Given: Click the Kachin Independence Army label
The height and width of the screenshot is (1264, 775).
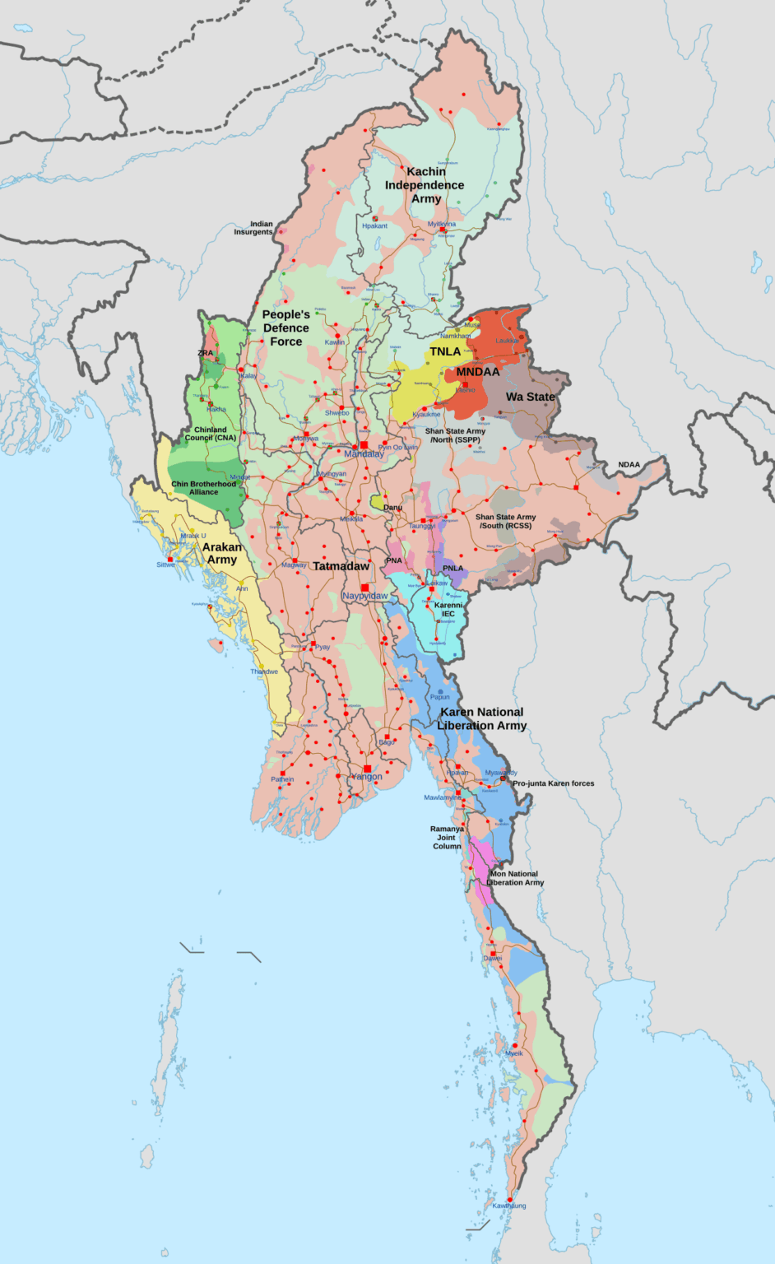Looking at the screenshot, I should coord(425,185).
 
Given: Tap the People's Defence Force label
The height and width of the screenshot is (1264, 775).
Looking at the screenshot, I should coord(286,328).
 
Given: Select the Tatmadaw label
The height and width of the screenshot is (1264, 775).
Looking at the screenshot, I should coord(341,566).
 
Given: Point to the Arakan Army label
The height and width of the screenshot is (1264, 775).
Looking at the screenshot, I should coord(222,553).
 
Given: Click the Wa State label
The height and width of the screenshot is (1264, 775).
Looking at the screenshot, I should coord(530,397).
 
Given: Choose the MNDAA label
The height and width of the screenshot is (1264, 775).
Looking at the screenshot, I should coord(478,372).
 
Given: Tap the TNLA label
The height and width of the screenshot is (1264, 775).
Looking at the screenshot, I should coord(445,351).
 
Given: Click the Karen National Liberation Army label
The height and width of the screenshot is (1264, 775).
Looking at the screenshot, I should coord(482,718).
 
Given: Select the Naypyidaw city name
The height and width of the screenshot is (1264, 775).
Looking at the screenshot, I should coord(365,596).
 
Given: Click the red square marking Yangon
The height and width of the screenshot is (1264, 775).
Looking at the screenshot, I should coord(367,769).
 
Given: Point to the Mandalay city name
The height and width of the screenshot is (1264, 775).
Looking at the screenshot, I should coord(364,454).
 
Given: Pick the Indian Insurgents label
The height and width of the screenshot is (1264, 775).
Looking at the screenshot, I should coord(253,228).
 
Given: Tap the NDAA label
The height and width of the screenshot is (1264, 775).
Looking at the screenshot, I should coord(629,465).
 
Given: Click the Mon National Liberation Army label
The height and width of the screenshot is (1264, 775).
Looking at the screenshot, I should coord(515,878).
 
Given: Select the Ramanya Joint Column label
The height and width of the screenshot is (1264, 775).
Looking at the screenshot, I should coord(447,838).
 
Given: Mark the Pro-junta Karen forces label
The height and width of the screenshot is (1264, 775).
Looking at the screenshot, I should coord(553,783).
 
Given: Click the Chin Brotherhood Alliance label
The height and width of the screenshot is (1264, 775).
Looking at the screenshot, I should coord(203,488).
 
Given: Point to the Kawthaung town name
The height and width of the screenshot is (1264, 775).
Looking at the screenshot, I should coord(509,1206).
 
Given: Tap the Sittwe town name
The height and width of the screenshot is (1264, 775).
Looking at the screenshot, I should coord(165,565).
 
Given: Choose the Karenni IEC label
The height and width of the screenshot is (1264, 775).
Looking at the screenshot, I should coord(448,609).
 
